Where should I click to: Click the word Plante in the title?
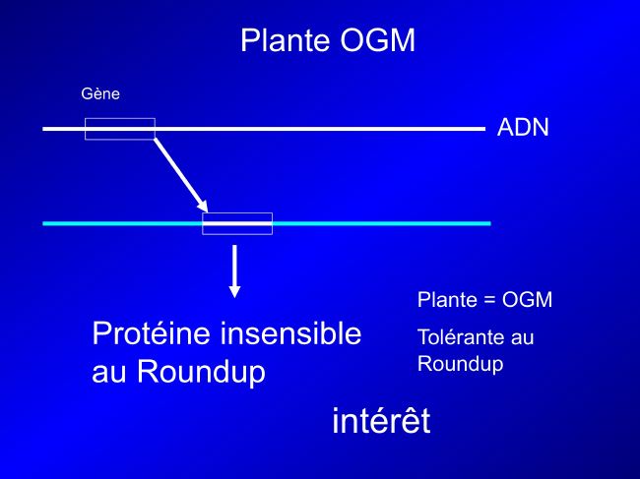point(286,40)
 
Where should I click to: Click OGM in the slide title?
point(377,40)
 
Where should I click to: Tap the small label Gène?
point(100,93)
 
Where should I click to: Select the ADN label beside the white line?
point(523,127)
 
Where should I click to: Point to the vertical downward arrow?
point(234,271)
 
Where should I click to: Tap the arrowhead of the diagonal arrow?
point(203,207)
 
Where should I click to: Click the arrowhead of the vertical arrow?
point(234,291)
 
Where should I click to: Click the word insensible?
point(290,333)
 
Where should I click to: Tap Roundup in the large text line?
point(201,372)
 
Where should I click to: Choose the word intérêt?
point(381,420)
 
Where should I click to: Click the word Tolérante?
point(459,337)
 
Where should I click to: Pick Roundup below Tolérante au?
point(460,364)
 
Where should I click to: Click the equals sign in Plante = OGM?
point(489,300)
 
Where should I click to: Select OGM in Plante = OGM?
point(527,300)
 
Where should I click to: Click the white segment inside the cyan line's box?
point(237,223)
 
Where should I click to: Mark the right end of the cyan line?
point(490,223)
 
